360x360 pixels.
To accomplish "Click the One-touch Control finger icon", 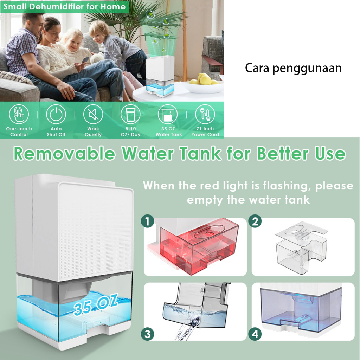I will point(19,114).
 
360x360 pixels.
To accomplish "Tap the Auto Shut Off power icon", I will point(56,114).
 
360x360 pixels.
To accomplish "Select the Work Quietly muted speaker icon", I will point(93,114).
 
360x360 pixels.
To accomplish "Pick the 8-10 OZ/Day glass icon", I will point(130,114).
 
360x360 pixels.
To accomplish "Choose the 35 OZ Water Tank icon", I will point(168,114).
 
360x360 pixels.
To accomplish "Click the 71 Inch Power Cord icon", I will point(205,114).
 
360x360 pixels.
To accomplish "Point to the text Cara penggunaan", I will point(293,68).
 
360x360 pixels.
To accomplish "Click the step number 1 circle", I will point(148,221).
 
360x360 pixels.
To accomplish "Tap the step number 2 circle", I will point(256,221).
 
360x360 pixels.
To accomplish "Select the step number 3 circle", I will point(148,334).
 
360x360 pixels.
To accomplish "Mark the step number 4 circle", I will point(256,334).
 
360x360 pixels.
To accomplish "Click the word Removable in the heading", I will point(64,154).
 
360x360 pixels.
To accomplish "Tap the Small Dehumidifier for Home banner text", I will point(65,7).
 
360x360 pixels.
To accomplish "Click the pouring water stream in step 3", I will point(185,330).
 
